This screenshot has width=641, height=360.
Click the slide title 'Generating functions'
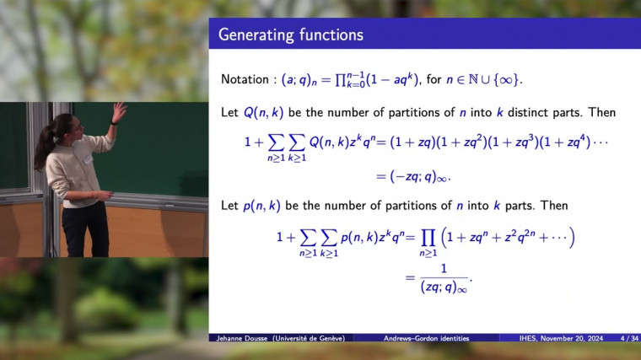(x=290, y=35)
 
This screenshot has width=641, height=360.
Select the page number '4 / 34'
(x=628, y=338)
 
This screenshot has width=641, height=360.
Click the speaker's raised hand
(x=118, y=110)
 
